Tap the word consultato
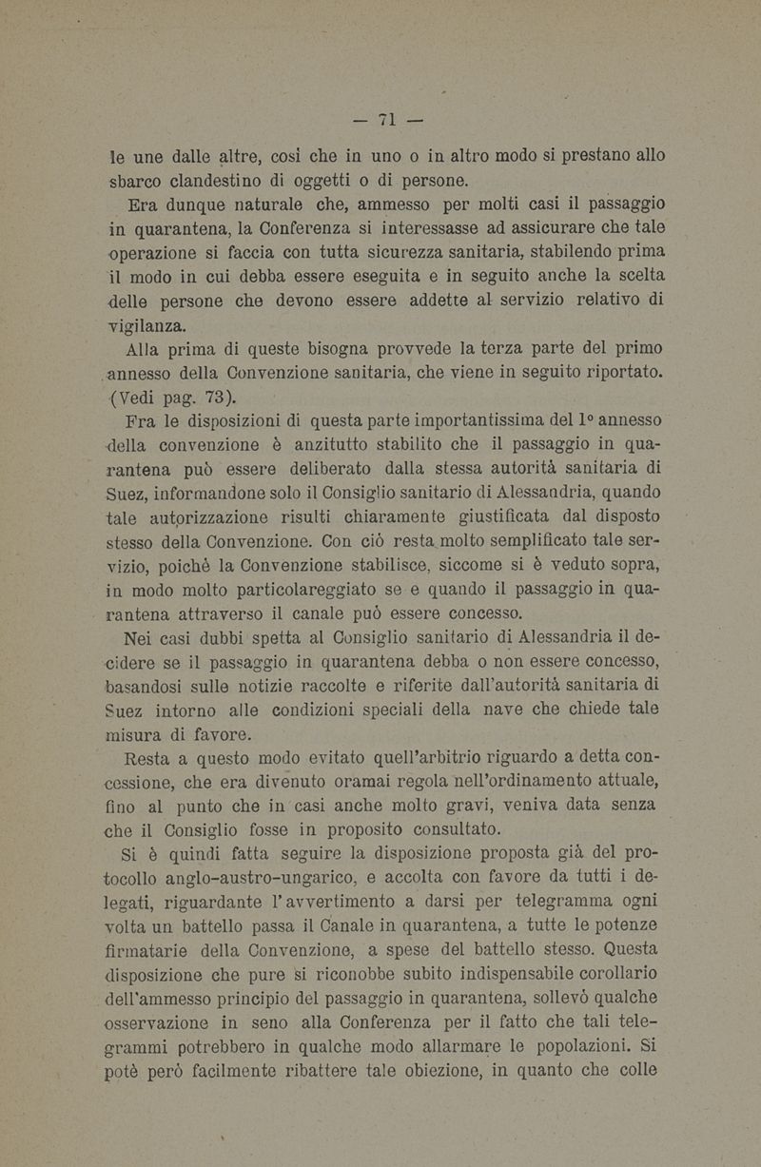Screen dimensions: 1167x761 click(x=444, y=827)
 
